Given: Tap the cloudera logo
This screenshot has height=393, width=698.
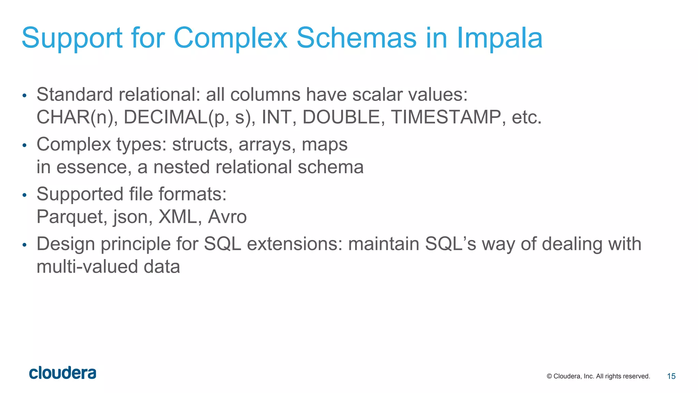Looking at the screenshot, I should pyautogui.click(x=63, y=373).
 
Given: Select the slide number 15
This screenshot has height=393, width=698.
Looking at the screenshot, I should pyautogui.click(x=671, y=376).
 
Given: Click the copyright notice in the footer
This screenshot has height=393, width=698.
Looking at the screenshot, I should pyautogui.click(x=598, y=376).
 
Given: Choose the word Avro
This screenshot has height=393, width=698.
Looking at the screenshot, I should pyautogui.click(x=227, y=217).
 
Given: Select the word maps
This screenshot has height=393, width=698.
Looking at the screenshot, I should pyautogui.click(x=324, y=145).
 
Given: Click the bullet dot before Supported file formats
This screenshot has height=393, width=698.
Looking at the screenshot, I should pyautogui.click(x=24, y=195).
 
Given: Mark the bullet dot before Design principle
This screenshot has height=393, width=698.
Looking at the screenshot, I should pyautogui.click(x=24, y=245).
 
